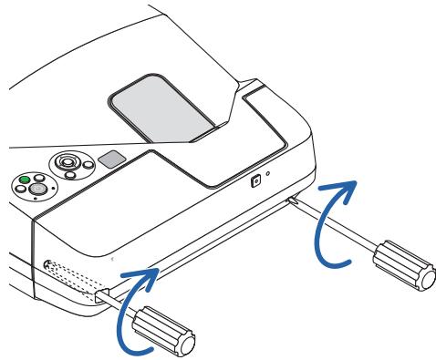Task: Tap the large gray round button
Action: coord(38,189)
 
